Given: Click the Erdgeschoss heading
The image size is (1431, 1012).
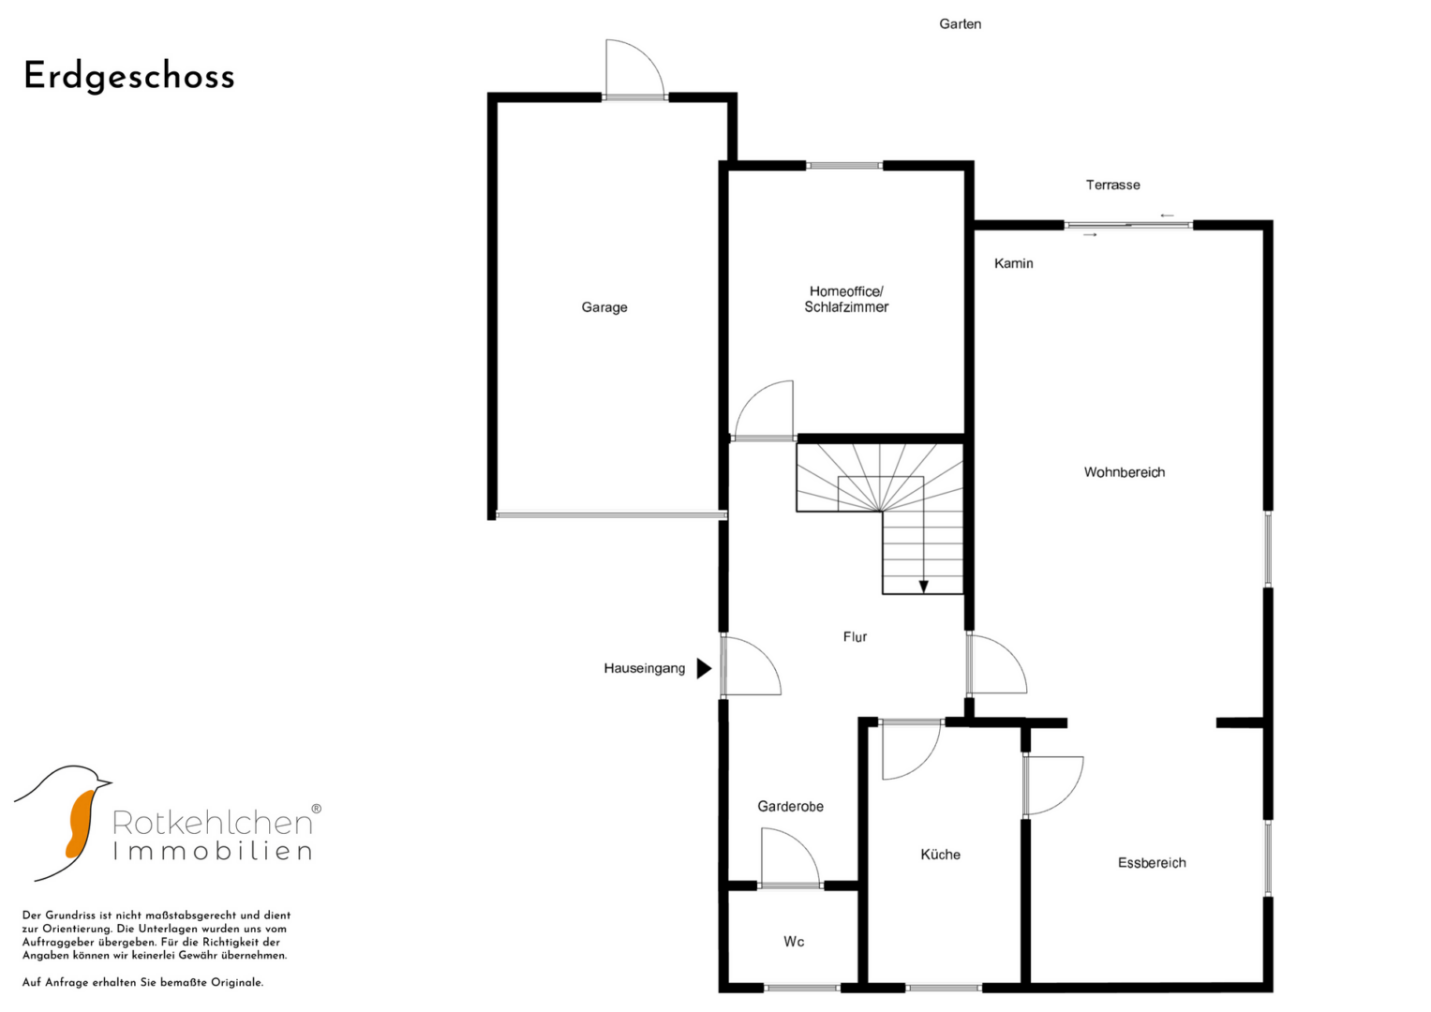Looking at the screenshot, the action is tap(129, 77).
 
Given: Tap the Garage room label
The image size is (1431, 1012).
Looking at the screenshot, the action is tap(604, 307).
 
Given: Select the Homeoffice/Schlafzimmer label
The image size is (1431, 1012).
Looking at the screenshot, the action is tap(846, 299).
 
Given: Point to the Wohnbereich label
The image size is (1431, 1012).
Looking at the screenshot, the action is tap(1124, 472).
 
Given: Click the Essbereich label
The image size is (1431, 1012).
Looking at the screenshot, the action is tap(1151, 862).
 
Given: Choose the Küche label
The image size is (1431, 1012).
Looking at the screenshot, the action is tap(940, 855).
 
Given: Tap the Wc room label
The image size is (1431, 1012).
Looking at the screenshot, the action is tap(794, 941).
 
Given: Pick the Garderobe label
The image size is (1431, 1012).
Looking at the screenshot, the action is tap(790, 806).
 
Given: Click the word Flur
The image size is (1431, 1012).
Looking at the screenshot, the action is tap(855, 637).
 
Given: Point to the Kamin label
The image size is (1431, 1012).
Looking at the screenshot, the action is tap(1013, 263).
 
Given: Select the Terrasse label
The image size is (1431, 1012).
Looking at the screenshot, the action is tap(1113, 185).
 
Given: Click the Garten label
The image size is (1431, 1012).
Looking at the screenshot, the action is tap(960, 23).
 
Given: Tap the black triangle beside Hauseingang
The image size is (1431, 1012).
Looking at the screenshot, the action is tap(704, 668).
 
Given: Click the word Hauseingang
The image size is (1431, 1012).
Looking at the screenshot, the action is tap(644, 668).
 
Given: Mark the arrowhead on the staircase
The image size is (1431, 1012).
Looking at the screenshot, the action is tap(923, 587).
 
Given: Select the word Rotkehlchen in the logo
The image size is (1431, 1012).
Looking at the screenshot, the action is tap(212, 823).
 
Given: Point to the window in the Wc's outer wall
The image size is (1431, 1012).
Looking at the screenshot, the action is tap(802, 988).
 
